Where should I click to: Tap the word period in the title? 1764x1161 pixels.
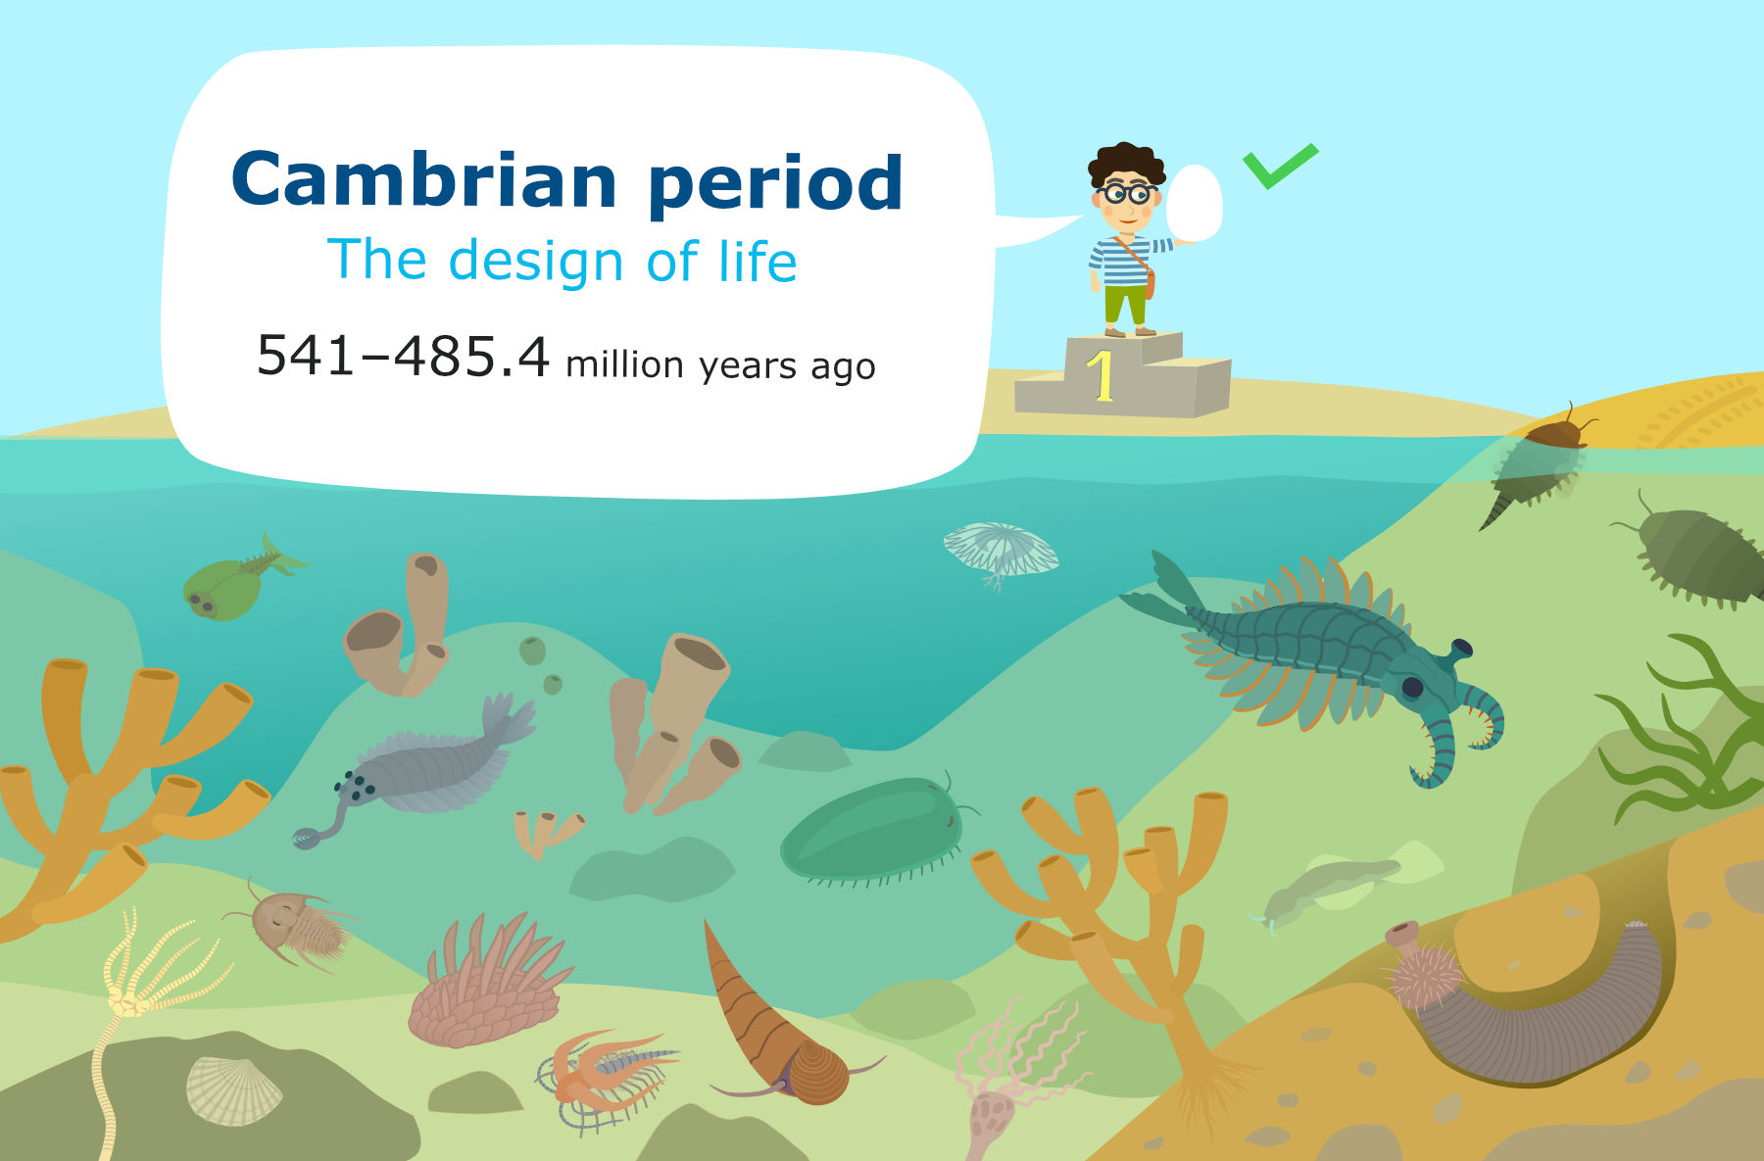(x=775, y=184)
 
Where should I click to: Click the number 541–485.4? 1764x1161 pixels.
(x=403, y=356)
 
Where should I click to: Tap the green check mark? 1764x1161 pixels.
(x=1279, y=167)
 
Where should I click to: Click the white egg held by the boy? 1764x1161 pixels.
(x=1195, y=202)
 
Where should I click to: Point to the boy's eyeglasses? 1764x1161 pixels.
(x=1127, y=193)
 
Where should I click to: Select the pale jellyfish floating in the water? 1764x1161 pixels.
(x=1001, y=551)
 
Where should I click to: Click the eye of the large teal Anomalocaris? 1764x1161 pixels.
(x=1412, y=687)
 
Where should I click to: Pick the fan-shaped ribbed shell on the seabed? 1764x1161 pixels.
(x=232, y=1089)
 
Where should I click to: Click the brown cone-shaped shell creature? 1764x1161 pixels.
(x=774, y=1019)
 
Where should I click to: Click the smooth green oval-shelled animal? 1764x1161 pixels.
(x=872, y=830)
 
